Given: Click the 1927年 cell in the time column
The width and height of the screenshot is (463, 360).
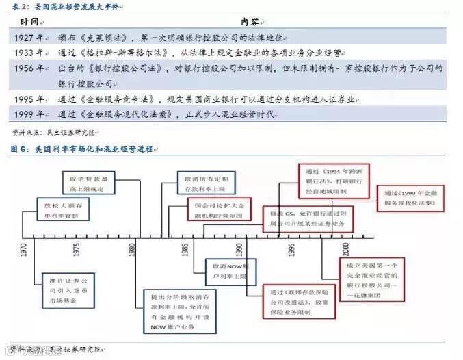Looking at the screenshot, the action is point(29,36).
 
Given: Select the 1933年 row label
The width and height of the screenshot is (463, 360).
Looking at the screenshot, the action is point(29,52).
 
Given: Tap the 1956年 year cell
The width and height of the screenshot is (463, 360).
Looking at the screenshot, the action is point(29,68).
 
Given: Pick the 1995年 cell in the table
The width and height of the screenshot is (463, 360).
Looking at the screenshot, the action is point(29,99).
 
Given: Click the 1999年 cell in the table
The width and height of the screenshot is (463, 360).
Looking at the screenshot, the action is point(29,114).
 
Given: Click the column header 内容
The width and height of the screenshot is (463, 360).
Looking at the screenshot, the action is point(252,21).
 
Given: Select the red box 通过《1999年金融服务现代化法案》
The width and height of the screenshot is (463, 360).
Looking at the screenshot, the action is point(413,198).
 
